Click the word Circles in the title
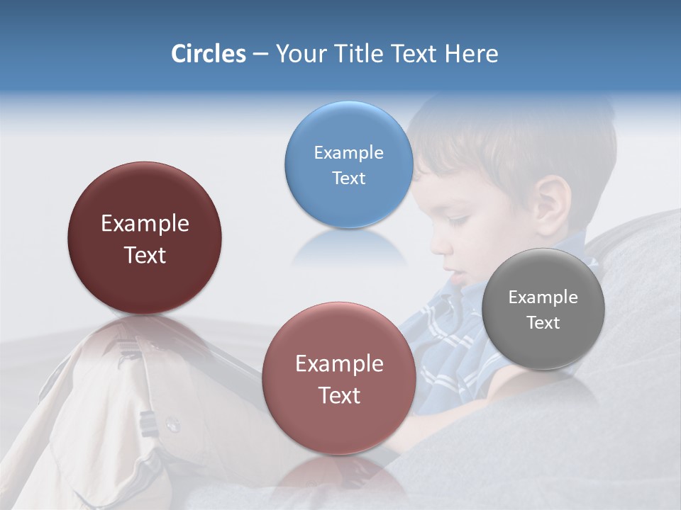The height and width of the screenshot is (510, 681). coord(209,54)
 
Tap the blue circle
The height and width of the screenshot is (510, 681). coord(348,164)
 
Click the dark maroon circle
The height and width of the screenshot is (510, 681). coord(145,238)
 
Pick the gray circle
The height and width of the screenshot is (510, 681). coord(543,309)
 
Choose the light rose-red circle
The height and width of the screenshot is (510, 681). coord(339,378)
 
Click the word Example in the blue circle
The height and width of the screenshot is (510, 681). coord(348,152)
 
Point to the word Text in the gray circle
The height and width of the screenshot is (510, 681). coord(543,323)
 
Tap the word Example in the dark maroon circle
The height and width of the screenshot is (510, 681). coord(145,224)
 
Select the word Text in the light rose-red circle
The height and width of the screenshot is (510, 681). coord(339,395)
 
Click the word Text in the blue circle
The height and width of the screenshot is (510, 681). coord(348,178)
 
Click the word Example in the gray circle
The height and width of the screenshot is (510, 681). coord(543,297)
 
